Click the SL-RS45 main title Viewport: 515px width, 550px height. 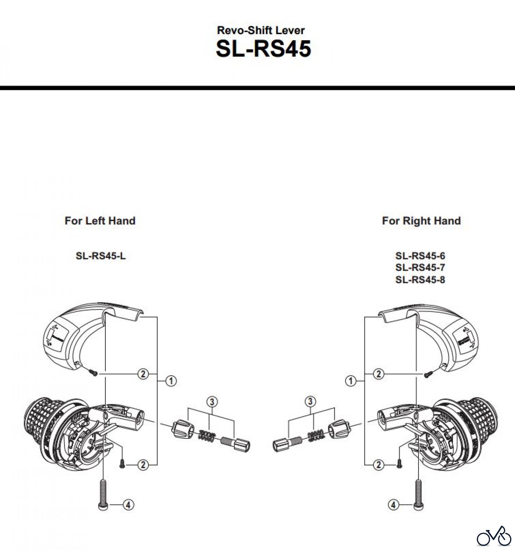[x=263, y=49]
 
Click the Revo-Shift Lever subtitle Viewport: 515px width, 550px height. [x=261, y=30]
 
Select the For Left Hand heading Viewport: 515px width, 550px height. [x=100, y=221]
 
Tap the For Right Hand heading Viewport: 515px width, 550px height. [x=421, y=221]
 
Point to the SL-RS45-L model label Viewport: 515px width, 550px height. [x=100, y=256]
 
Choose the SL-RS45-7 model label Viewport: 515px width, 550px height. [x=420, y=267]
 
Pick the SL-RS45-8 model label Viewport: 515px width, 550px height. [x=420, y=280]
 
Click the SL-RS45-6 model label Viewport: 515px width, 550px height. [x=420, y=255]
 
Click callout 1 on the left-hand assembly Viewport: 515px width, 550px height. [x=171, y=381]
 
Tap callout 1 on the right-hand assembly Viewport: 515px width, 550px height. [x=351, y=381]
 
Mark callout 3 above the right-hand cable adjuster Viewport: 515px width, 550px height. [x=310, y=402]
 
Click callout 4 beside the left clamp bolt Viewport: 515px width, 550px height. [x=128, y=505]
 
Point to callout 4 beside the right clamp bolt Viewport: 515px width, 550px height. [x=393, y=505]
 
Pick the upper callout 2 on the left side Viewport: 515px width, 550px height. [x=143, y=374]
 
